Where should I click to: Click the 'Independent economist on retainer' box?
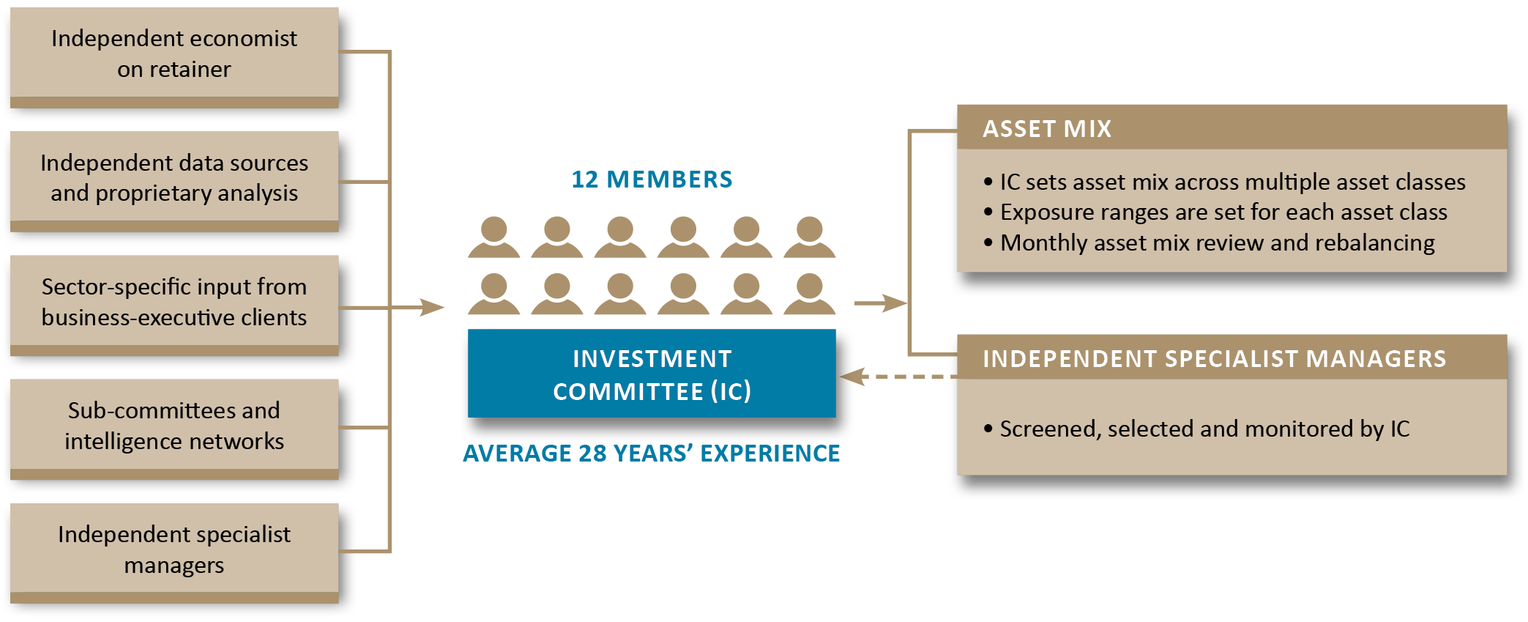pyautogui.click(x=174, y=53)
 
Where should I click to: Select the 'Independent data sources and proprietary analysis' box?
pyautogui.click(x=174, y=177)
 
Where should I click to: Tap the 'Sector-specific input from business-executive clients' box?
pyautogui.click(x=174, y=302)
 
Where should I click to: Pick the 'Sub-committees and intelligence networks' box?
pyautogui.click(x=174, y=426)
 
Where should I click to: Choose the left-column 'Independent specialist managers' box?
pyautogui.click(x=174, y=549)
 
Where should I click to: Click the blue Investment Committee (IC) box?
pyautogui.click(x=652, y=374)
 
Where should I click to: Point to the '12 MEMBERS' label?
pyautogui.click(x=652, y=179)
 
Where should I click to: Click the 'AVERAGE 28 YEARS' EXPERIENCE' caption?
pyautogui.click(x=652, y=453)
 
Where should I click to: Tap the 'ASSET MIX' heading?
pyautogui.click(x=1047, y=129)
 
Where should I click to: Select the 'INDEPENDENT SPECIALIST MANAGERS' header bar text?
pyautogui.click(x=1214, y=359)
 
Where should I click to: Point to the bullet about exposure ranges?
pyautogui.click(x=1223, y=212)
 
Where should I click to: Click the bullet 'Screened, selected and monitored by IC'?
pyautogui.click(x=1204, y=429)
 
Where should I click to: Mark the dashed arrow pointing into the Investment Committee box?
pyautogui.click(x=897, y=377)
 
